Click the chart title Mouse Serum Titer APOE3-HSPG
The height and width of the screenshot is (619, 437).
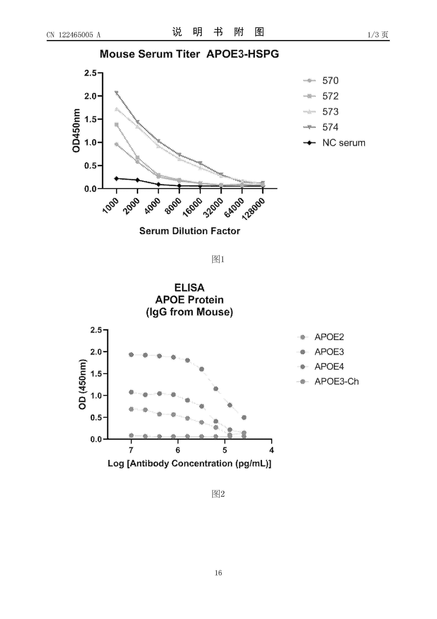(x=189, y=54)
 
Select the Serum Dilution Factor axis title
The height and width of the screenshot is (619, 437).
(x=190, y=231)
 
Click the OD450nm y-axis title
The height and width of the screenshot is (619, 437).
(x=76, y=130)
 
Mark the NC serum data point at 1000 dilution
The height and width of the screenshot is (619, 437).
(x=117, y=178)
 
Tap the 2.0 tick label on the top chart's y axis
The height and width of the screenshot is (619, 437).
(x=90, y=96)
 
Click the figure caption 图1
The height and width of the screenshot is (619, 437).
(x=218, y=259)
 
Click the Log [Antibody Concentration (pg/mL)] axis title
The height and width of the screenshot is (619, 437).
(x=190, y=463)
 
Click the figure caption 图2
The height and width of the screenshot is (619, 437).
(x=218, y=494)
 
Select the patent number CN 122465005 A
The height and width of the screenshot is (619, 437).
(x=73, y=35)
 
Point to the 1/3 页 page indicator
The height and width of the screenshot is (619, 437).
(x=378, y=35)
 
